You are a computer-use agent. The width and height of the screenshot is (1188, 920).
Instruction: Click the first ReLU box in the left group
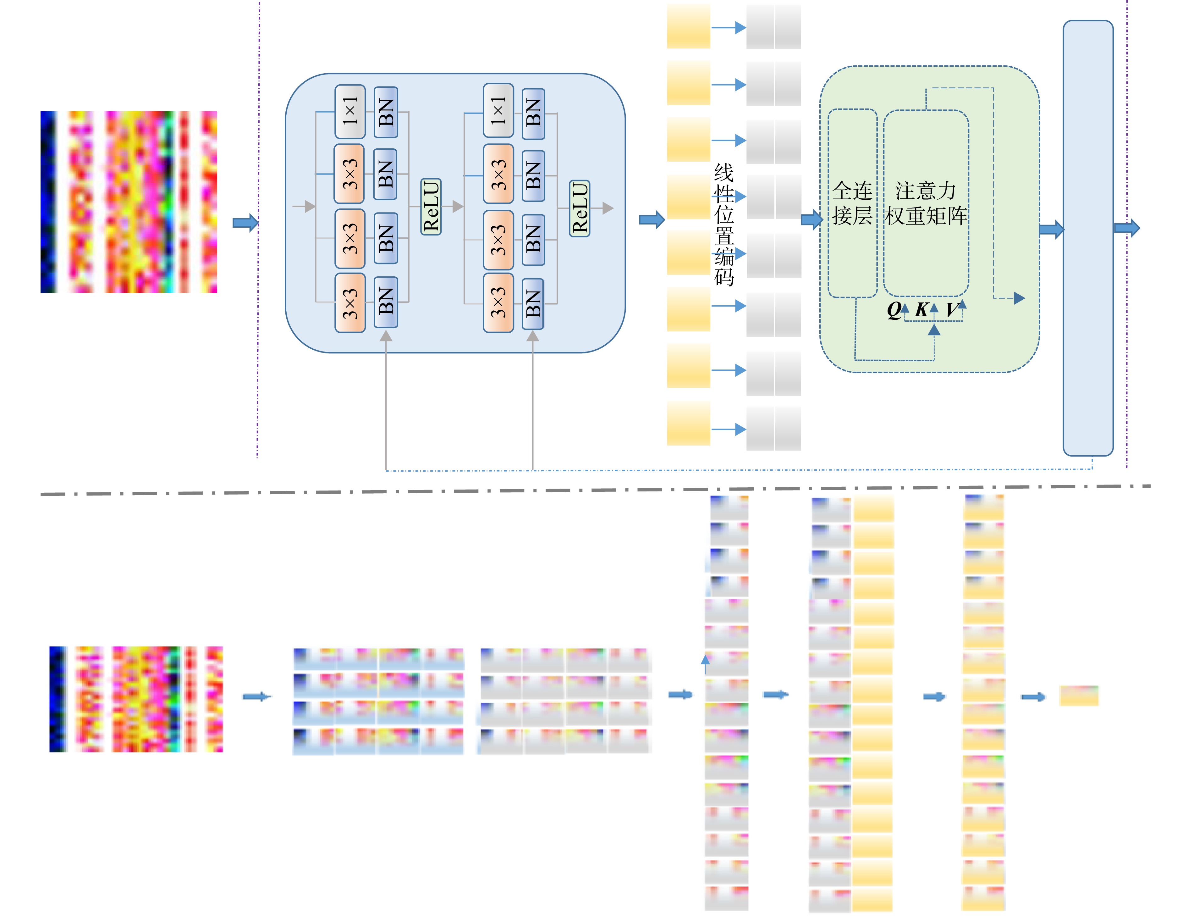click(x=431, y=207)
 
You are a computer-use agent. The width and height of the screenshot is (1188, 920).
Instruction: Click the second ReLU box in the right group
click(x=579, y=208)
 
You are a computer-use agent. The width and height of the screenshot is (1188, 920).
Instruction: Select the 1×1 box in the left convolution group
click(x=350, y=112)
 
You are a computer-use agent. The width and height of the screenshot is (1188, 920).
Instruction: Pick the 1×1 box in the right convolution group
click(x=498, y=110)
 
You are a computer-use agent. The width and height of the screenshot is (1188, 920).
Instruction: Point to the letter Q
click(x=894, y=310)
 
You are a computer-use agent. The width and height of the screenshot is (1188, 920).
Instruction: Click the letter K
click(x=921, y=310)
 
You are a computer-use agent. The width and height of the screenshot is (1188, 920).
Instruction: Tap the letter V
click(x=952, y=310)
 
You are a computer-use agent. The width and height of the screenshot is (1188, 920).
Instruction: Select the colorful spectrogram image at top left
click(x=129, y=202)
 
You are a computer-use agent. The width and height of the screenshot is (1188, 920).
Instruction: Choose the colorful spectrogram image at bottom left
click(x=136, y=699)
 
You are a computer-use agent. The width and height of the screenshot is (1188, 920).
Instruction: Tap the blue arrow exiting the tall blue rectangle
click(x=1127, y=227)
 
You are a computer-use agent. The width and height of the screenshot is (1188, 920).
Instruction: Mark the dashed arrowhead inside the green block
click(x=1019, y=298)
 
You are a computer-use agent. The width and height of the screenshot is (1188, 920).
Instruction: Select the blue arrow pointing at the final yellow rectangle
click(x=1033, y=697)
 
